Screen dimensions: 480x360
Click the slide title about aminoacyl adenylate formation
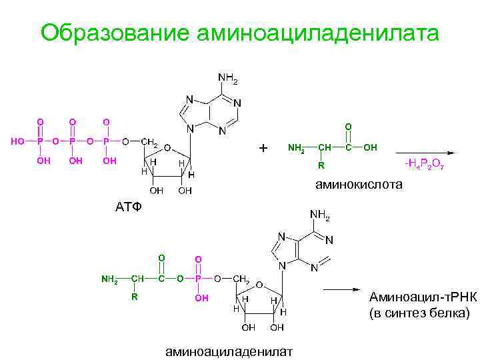tap(239, 33)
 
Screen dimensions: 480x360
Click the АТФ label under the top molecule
tap(129, 207)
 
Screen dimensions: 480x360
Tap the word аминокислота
tap(359, 185)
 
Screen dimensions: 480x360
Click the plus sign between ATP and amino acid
tap(263, 147)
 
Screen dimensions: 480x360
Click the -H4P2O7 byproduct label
tap(424, 165)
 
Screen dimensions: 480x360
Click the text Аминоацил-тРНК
tap(421, 297)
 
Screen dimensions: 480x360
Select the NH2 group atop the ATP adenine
tap(227, 78)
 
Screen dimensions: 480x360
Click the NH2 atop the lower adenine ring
tap(320, 215)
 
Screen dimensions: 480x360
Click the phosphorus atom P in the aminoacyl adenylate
tap(198, 278)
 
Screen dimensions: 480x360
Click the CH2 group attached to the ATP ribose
tap(149, 142)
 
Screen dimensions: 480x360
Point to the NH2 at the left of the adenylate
tap(109, 279)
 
